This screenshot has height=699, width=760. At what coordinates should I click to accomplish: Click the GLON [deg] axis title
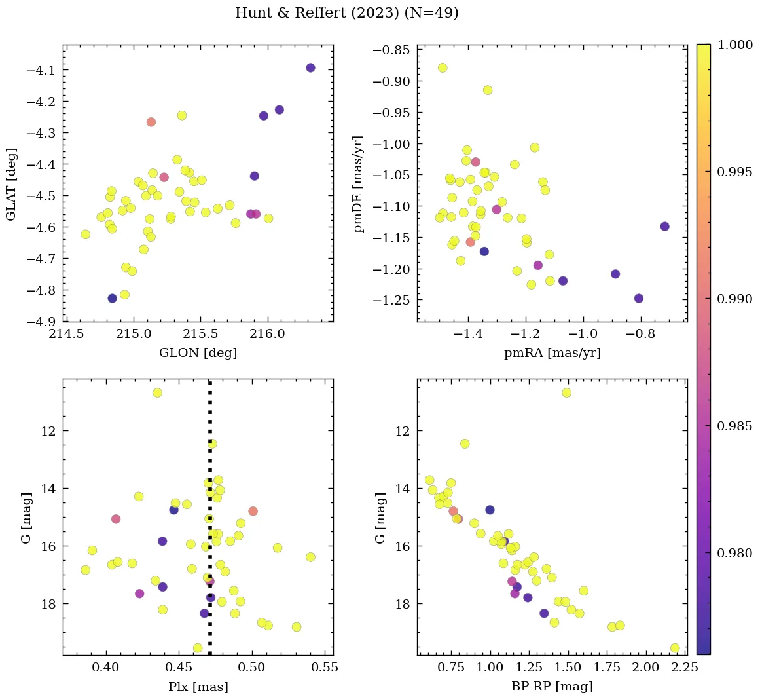(198, 353)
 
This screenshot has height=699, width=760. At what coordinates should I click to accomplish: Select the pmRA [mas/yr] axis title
(552, 353)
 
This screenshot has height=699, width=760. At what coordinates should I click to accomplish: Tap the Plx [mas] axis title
(198, 687)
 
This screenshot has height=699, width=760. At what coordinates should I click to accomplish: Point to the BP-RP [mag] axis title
(552, 687)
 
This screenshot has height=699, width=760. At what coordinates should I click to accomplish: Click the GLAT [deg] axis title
(11, 184)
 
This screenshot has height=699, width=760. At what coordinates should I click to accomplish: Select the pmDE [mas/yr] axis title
(359, 184)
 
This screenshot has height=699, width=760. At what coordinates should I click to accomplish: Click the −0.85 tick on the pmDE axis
(391, 50)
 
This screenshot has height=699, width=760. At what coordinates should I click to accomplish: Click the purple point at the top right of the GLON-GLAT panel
(310, 68)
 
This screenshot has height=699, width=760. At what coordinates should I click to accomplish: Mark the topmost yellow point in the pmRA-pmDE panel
(443, 67)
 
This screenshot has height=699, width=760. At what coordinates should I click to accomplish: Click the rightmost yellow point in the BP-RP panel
(675, 648)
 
